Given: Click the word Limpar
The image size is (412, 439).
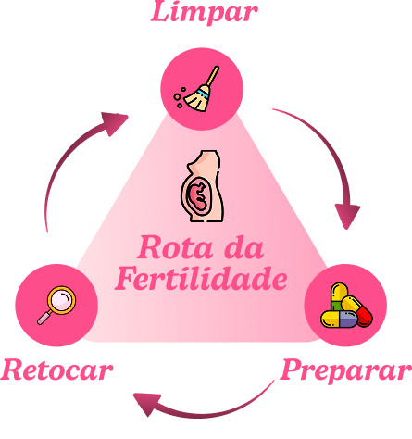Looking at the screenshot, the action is point(204,12).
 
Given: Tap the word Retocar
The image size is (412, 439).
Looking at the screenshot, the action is point(56,370).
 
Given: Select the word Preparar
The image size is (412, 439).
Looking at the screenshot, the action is point(346,370).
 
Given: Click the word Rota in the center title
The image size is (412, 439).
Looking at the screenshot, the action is point(175,247).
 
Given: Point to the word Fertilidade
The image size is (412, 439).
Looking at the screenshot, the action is point(201,279).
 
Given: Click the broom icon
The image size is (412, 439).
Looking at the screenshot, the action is point(196,89).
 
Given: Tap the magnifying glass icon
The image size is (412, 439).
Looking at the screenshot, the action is point(56,306).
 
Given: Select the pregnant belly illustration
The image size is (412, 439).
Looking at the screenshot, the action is point(203,186).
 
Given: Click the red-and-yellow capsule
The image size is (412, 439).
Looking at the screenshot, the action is point(356,311).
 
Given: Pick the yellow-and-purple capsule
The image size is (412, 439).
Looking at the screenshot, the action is point(339,320).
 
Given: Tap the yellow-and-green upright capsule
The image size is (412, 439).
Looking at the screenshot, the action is point(339,296).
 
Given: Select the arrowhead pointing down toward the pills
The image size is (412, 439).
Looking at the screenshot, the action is point(347,216).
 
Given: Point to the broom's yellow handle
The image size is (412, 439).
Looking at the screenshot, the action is point(213,76).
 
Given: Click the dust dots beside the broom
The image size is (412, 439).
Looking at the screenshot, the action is point(180,97).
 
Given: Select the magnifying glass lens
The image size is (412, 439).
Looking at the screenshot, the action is point(62,300).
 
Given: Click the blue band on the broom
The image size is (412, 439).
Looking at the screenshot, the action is point(203,94).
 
